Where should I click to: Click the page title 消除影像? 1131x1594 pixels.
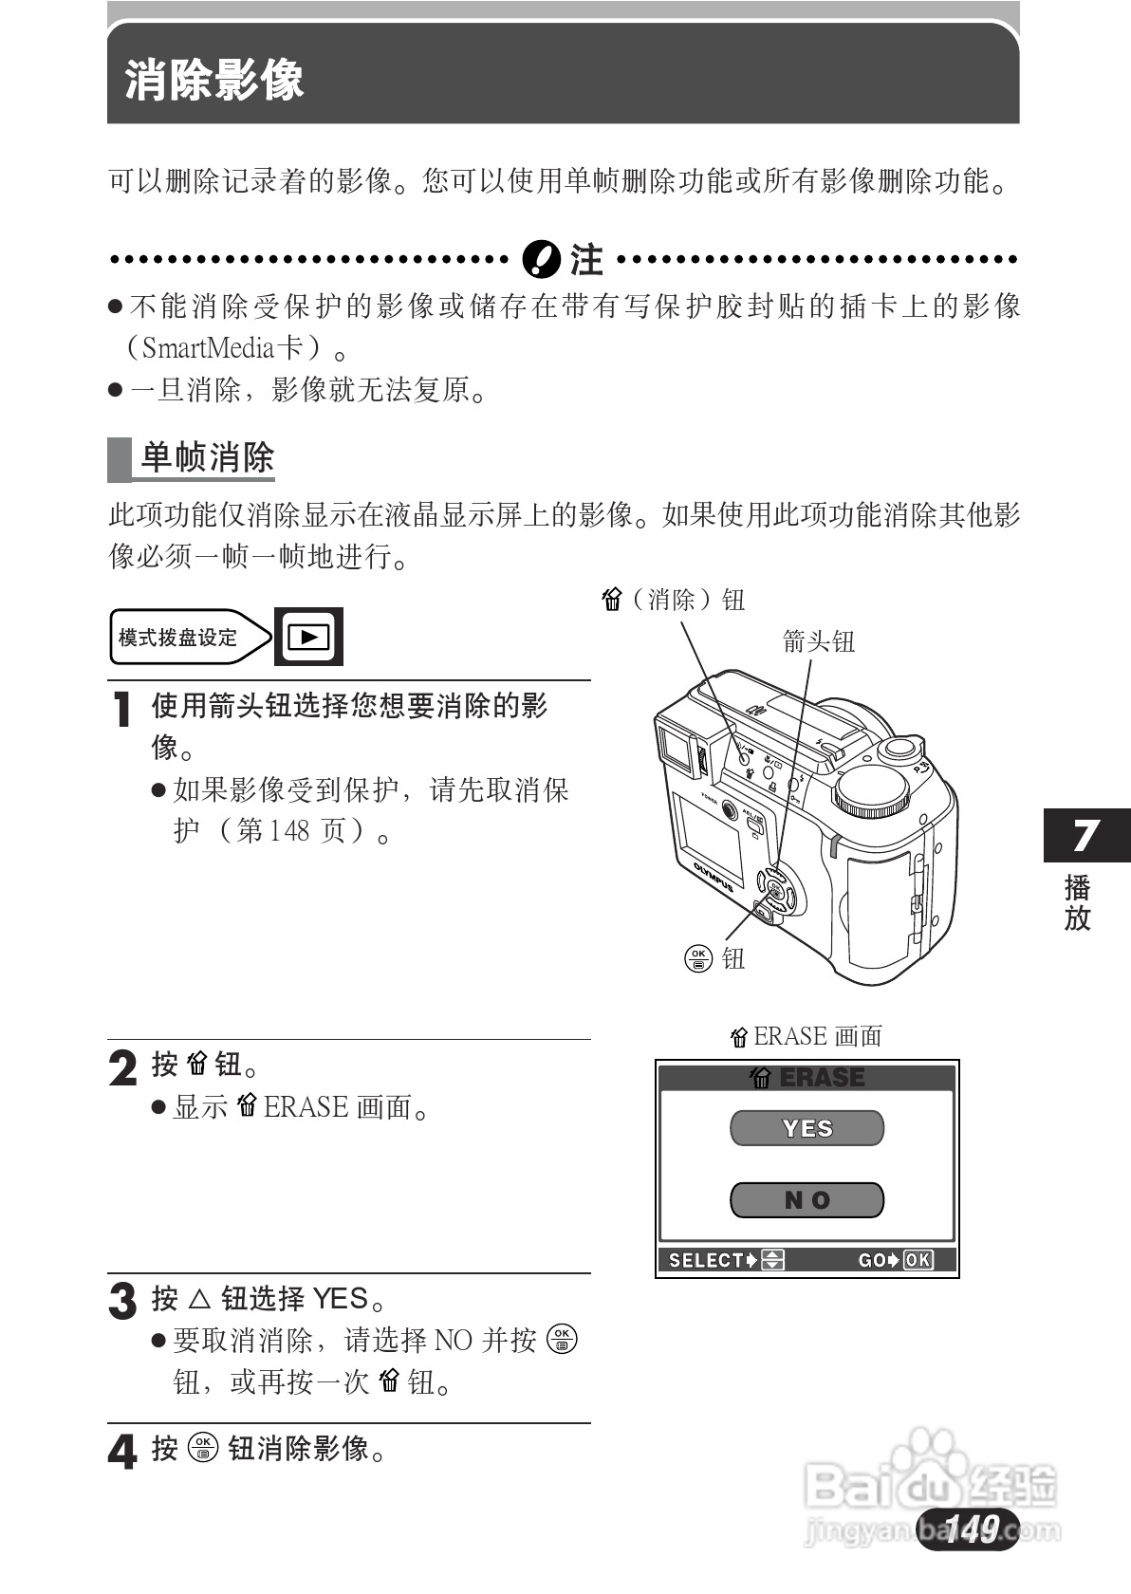[x=214, y=80]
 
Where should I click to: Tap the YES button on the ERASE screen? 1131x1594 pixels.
[x=807, y=1128]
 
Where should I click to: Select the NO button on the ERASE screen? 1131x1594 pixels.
[x=807, y=1200]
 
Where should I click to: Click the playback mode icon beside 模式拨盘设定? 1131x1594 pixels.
[x=308, y=637]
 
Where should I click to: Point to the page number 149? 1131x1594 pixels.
[x=971, y=1529]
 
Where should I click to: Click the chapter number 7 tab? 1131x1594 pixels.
[x=1085, y=836]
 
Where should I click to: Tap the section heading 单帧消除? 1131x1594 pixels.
[x=207, y=458]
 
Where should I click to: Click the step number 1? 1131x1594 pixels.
[x=121, y=710]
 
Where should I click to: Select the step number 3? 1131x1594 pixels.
[x=122, y=1301]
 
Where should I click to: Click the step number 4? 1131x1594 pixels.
[x=122, y=1452]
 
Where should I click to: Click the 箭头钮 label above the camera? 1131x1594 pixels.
[x=819, y=642]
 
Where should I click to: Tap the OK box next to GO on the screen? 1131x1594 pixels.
[x=918, y=1260]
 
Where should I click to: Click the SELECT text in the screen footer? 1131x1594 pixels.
[x=706, y=1260]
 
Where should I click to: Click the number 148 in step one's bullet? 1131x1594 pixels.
[x=289, y=831]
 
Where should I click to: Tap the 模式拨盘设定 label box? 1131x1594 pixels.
[x=178, y=638]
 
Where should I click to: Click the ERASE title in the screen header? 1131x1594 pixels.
[x=821, y=1078]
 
